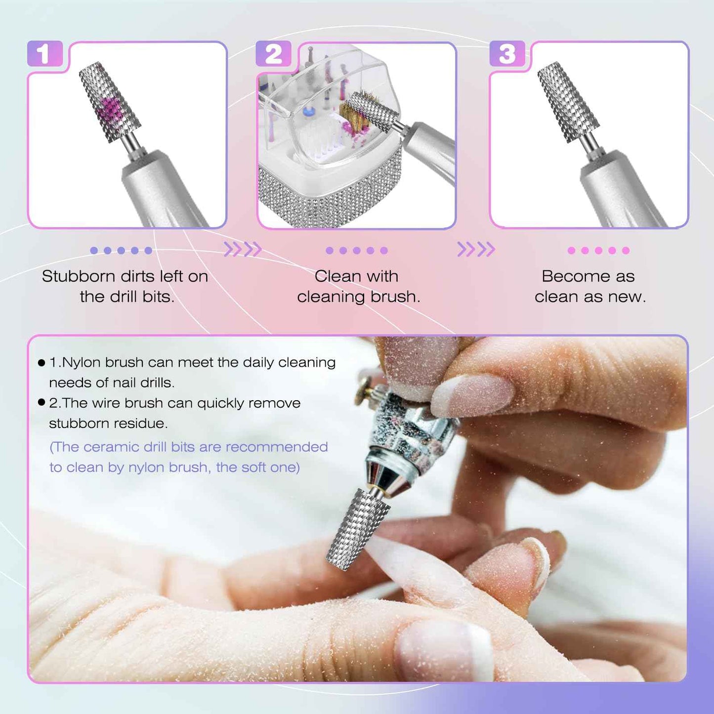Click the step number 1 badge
pos(44,54)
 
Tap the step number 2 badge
pos(273,54)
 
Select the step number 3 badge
pos(507,54)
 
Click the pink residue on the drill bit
pos(108,111)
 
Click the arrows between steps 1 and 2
pos(242,250)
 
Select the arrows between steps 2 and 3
pos(476,250)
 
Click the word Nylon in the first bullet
pos(82,362)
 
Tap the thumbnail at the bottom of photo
pos(445,647)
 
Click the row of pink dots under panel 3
pos(598,251)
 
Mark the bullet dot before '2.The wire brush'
pos(42,402)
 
